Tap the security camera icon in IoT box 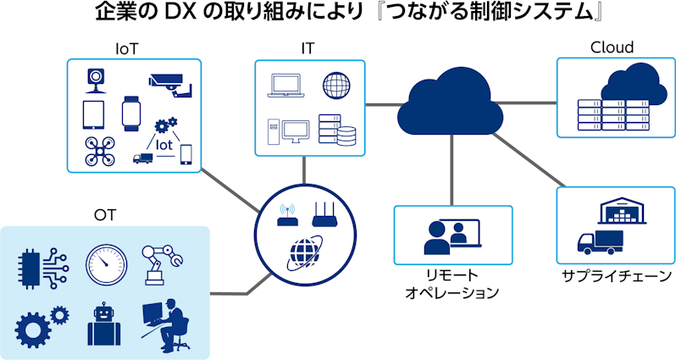click(x=170, y=81)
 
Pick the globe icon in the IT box click(x=335, y=85)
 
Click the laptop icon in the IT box click(x=284, y=85)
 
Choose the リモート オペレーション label click(x=452, y=285)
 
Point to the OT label click(x=105, y=216)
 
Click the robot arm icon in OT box click(x=162, y=264)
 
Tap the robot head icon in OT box click(x=105, y=324)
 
